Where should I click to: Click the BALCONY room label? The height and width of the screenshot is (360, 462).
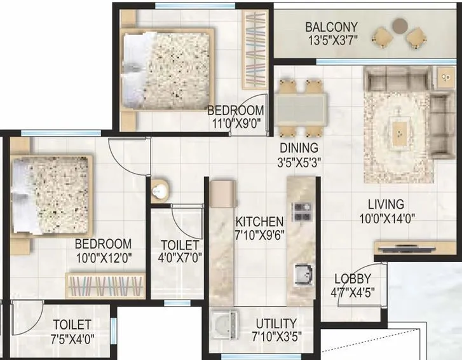pos(331,27)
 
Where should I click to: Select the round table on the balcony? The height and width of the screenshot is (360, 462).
pos(399,25)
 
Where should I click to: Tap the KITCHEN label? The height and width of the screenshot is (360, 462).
pos(259,222)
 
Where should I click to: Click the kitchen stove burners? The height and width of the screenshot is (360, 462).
pos(299,210)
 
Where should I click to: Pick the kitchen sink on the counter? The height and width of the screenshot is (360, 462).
pos(301,274)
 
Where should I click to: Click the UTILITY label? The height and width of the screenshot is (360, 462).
pos(275,323)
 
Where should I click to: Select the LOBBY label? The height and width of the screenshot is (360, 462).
pos(353,279)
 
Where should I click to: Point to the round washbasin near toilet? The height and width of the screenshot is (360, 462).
pos(160,190)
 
